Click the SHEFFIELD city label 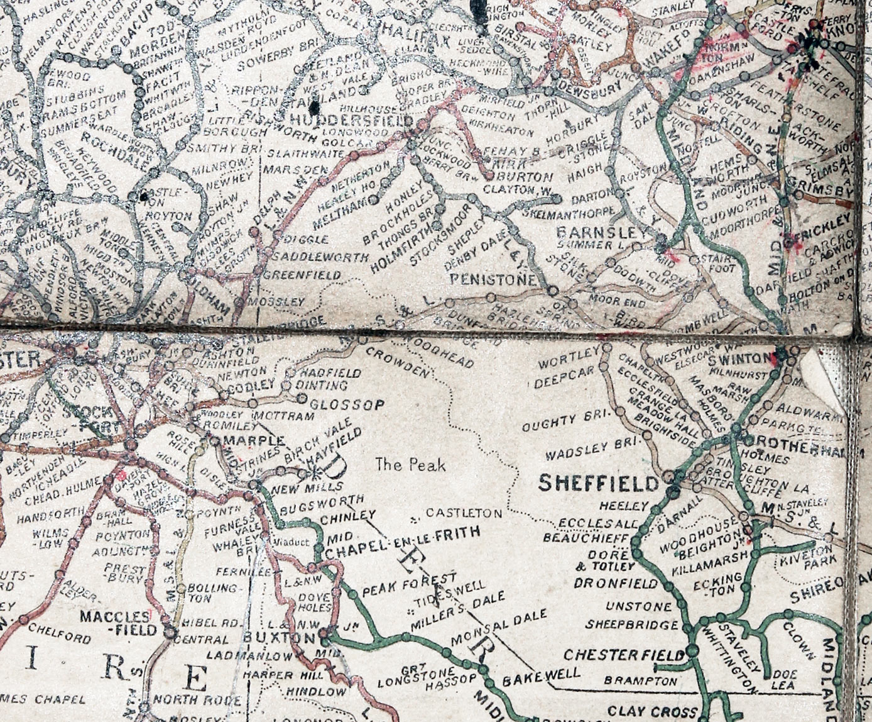pos(599,483)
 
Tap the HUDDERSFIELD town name pos(350,121)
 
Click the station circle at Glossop pos(302,398)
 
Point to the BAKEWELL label pos(541,677)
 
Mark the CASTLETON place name pos(464,513)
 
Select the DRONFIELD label pos(616,583)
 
